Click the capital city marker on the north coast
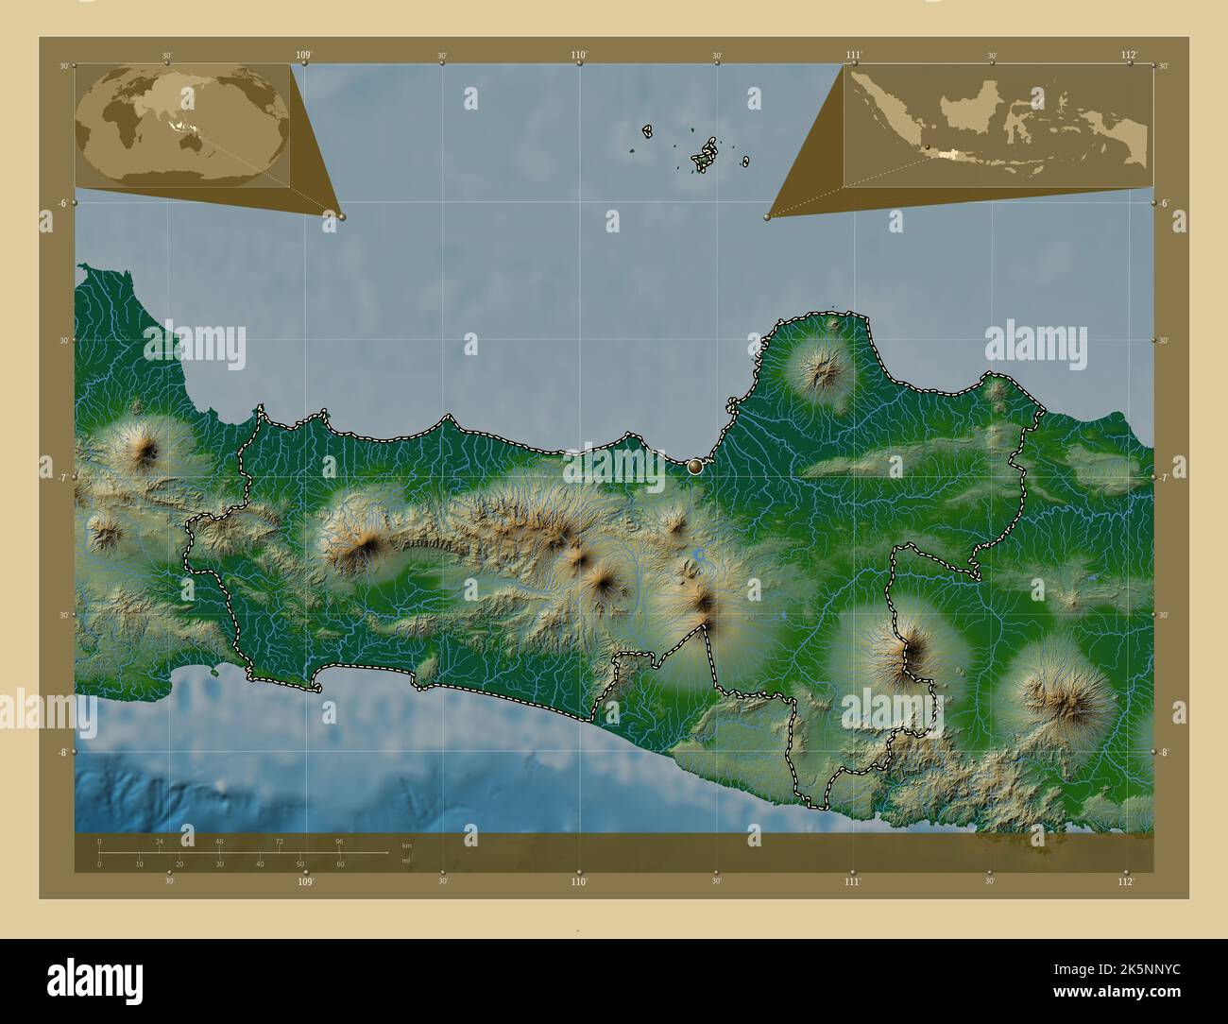click(x=696, y=465)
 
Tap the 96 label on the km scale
click(x=338, y=841)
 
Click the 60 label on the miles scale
click(x=340, y=864)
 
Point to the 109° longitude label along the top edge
click(x=303, y=56)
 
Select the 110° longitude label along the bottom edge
click(x=579, y=882)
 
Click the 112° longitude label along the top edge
click(x=1129, y=56)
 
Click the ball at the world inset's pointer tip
click(x=341, y=216)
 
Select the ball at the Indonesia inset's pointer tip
click(x=768, y=216)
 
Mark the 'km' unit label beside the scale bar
click(x=407, y=845)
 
